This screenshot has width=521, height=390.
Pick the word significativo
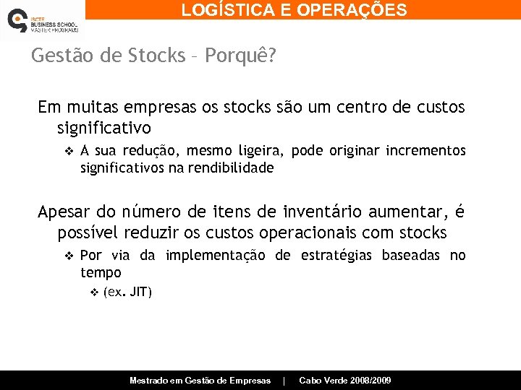click(104, 129)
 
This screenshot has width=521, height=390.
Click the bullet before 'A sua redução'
click(69, 151)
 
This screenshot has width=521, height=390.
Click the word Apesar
click(64, 212)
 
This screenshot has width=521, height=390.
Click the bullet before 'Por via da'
click(69, 256)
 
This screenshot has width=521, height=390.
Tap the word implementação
click(215, 256)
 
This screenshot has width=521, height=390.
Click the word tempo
click(101, 272)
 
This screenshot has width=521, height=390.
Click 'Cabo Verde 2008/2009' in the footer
click(345, 381)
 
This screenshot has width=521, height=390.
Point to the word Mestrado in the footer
click(148, 381)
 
